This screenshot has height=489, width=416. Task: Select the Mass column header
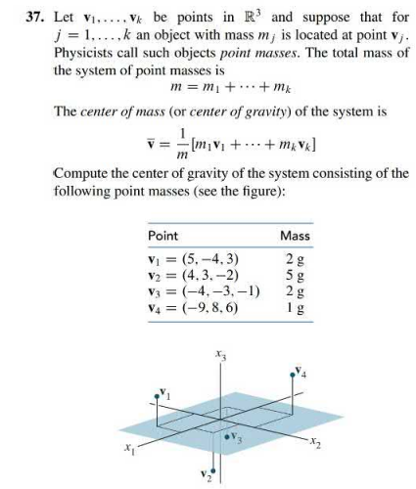click(294, 236)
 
